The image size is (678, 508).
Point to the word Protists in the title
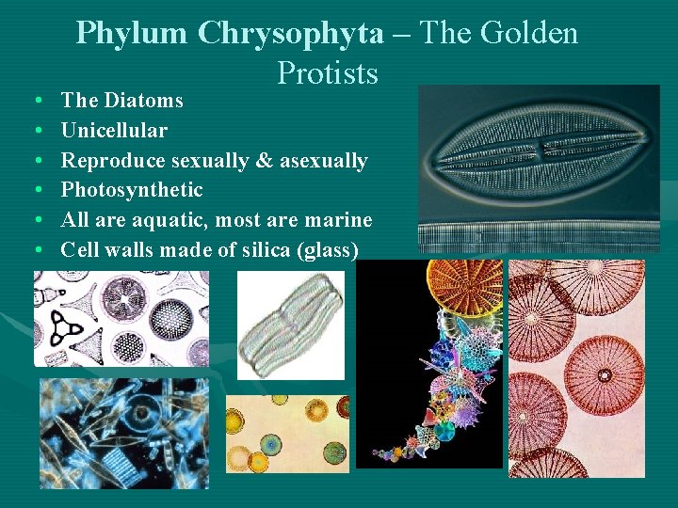(328, 72)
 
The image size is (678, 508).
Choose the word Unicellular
(114, 130)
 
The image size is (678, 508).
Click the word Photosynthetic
(132, 190)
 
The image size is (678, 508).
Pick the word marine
(341, 220)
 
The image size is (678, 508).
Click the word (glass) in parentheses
(324, 250)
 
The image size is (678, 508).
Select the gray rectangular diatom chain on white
(278, 325)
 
